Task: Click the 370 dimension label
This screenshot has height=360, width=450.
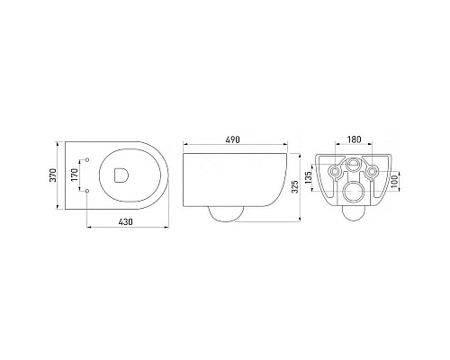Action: pos(53,175)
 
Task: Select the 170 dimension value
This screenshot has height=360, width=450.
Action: pos(75,175)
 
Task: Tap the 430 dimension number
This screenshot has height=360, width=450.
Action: pos(125,222)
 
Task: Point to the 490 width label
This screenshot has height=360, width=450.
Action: pos(233,139)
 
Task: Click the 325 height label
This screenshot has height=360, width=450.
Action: pos(295,186)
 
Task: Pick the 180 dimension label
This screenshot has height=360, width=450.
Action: pos(355,139)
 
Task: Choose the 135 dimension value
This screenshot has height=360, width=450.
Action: pos(308,177)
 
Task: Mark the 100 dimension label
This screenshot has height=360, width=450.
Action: pos(395,182)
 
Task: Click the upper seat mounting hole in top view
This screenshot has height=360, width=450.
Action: pos(87,159)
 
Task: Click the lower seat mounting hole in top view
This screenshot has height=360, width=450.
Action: pos(87,191)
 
